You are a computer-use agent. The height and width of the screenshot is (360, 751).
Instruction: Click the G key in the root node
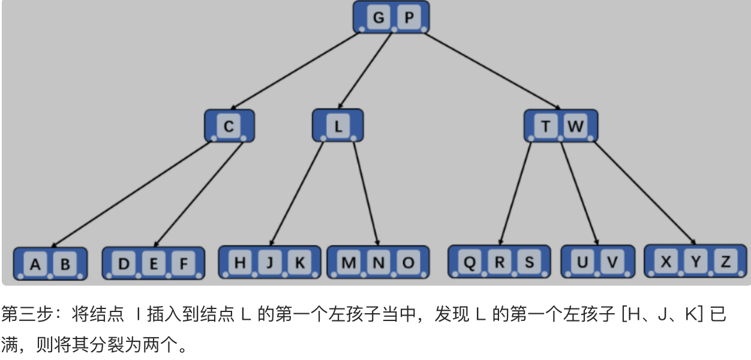tap(378, 17)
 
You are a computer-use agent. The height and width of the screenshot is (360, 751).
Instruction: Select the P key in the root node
tap(408, 17)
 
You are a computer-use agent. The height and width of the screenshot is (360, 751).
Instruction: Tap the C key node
tap(229, 127)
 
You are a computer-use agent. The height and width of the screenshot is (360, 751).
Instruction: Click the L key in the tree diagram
tap(338, 127)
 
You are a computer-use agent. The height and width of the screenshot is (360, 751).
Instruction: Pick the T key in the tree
tap(545, 127)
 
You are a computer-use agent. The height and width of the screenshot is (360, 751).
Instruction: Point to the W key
tap(575, 127)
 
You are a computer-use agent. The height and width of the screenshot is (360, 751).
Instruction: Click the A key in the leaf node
tap(35, 264)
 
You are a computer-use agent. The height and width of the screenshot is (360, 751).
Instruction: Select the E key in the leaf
tap(154, 263)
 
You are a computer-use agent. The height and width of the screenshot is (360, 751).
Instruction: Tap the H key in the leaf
tap(240, 263)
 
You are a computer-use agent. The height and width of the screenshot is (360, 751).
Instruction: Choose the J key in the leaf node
tap(270, 263)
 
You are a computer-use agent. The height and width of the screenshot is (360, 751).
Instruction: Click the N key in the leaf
tap(378, 263)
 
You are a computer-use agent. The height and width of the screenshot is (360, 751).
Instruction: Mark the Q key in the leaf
tap(470, 262)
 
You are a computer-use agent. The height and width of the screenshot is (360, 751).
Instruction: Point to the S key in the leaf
tap(529, 262)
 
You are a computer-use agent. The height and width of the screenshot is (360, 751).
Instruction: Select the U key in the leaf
tap(582, 262)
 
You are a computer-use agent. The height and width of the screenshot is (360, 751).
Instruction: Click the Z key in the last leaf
tap(725, 262)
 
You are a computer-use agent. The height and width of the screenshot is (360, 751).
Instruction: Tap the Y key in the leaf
tap(695, 262)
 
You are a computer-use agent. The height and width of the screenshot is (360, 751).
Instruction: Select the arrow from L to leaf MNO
tap(366, 192)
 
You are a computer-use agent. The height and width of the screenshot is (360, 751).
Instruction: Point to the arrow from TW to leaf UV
tap(579, 192)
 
